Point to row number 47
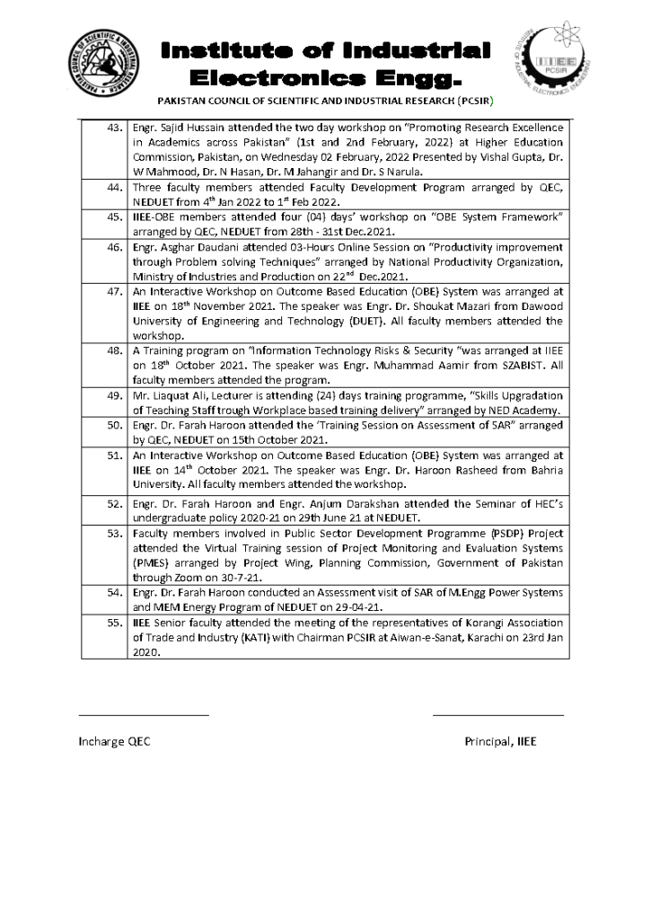(x=114, y=291)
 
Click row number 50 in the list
(x=114, y=425)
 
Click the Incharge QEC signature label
(x=115, y=741)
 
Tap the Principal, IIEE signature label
(x=499, y=741)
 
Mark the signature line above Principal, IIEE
(x=498, y=715)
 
